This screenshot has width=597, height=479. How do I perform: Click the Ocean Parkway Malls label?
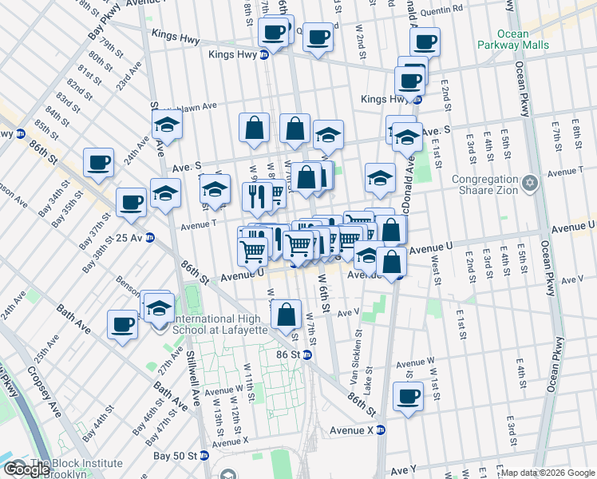tap(523, 39)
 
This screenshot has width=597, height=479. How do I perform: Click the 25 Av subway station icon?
tap(149, 238)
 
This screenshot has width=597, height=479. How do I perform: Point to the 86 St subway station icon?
tap(306, 354)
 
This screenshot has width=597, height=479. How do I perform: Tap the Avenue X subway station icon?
tap(381, 430)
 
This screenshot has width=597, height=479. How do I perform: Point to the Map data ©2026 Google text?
tap(548, 473)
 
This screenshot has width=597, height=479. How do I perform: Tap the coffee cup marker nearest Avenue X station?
tap(409, 397)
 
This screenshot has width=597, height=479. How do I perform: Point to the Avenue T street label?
tap(195, 226)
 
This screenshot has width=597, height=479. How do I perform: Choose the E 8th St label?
tap(576, 132)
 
